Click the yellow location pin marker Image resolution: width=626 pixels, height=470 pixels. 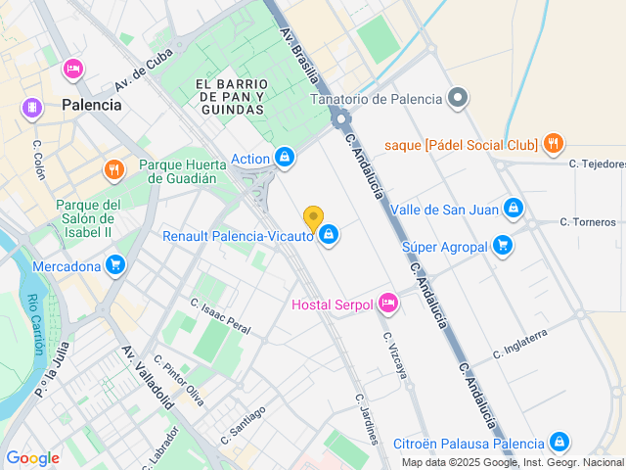pyautogui.click(x=313, y=217)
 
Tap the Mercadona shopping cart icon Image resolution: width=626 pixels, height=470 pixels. pyautogui.click(x=115, y=265)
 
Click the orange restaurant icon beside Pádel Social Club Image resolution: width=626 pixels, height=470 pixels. pyautogui.click(x=554, y=144)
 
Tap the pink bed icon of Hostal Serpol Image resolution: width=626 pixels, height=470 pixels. pyautogui.click(x=388, y=305)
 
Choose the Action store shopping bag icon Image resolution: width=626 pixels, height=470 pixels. pyautogui.click(x=285, y=158)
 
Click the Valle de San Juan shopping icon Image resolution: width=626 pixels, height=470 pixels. pyautogui.click(x=514, y=209)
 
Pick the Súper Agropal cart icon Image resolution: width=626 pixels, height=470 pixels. pyautogui.click(x=503, y=246)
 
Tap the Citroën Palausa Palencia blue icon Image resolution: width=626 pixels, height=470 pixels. pyautogui.click(x=559, y=443)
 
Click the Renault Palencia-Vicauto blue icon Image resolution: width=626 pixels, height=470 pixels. pyautogui.click(x=330, y=235)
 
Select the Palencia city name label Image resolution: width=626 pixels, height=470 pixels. pyautogui.click(x=91, y=105)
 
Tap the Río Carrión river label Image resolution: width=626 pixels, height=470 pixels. pyautogui.click(x=36, y=323)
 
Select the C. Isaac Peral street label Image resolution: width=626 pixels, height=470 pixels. pyautogui.click(x=220, y=315)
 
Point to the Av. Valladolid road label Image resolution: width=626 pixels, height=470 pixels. pyautogui.click(x=148, y=377)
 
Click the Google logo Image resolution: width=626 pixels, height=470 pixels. pyautogui.click(x=32, y=458)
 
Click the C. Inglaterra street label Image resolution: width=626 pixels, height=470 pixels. pyautogui.click(x=520, y=343)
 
